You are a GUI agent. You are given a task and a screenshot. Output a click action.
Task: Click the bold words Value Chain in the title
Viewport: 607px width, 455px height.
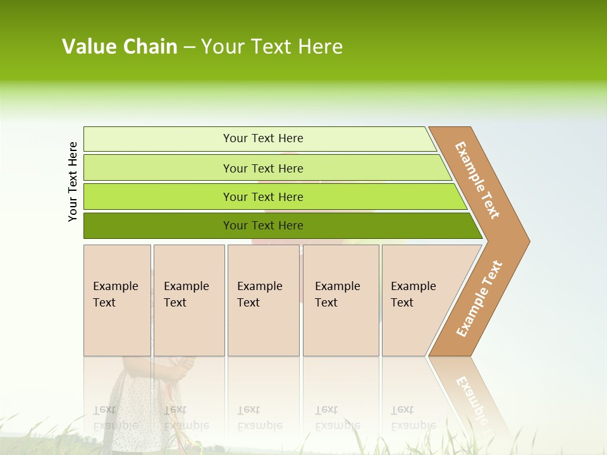point(120,47)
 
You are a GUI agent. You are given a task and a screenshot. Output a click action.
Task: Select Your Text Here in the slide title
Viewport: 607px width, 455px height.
point(272,47)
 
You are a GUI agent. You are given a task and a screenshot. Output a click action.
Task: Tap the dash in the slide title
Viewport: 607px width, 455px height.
point(189,47)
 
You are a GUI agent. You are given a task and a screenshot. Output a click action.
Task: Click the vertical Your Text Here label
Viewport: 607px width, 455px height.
point(73,181)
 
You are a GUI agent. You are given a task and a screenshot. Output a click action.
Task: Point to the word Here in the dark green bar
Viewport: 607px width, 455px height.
point(290,226)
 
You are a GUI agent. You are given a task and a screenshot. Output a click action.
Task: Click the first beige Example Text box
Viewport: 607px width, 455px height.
point(117,300)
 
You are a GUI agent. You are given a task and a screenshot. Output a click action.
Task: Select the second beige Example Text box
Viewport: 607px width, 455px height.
point(189,300)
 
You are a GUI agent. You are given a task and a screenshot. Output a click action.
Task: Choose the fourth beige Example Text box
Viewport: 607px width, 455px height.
point(341,300)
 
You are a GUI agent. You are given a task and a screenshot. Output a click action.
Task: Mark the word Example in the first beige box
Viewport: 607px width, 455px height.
point(115,286)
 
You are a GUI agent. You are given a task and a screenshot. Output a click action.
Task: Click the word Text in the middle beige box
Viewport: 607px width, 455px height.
point(248,303)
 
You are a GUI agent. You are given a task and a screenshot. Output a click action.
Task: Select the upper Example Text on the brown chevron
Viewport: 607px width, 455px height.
point(477,180)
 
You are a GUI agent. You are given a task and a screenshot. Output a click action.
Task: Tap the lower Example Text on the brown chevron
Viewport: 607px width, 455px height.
point(479,299)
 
